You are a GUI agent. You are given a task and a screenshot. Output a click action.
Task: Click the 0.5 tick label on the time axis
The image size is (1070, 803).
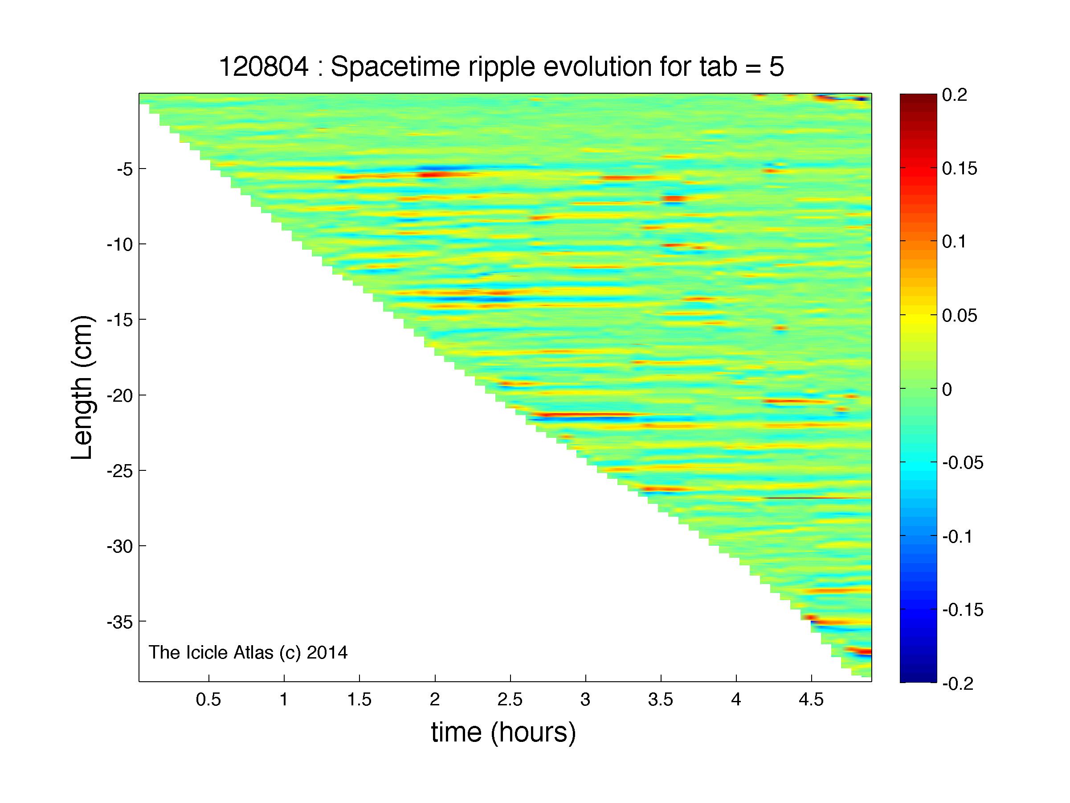point(208,700)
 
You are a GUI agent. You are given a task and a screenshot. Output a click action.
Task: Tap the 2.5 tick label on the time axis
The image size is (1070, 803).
point(510,700)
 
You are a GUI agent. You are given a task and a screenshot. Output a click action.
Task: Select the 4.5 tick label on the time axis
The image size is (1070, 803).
point(811,700)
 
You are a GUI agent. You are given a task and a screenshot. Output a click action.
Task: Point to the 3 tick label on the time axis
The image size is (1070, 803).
point(585,700)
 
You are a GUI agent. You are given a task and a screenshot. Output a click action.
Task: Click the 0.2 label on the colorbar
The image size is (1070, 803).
point(954,95)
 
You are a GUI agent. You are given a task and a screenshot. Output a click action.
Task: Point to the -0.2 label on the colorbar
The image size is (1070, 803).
point(958,684)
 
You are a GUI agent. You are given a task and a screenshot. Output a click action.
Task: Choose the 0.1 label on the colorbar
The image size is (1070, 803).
point(954,242)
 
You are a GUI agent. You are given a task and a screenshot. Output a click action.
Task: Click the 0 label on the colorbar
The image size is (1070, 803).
point(947,389)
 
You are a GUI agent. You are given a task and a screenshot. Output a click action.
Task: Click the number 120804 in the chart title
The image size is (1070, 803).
point(264,66)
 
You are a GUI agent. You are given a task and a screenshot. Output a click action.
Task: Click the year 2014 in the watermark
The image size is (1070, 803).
point(327,652)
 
